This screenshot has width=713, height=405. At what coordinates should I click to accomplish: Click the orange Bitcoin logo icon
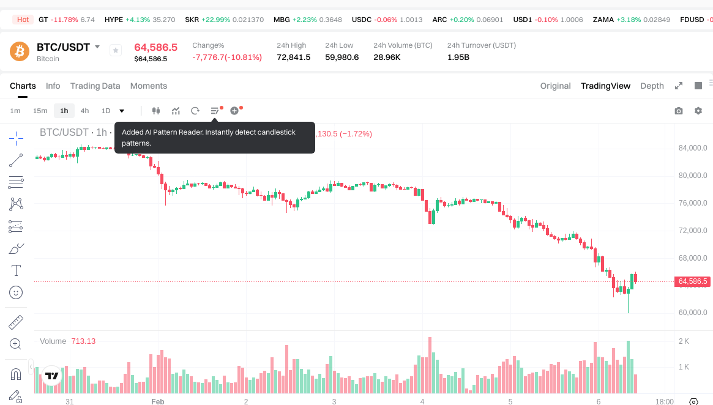tap(20, 51)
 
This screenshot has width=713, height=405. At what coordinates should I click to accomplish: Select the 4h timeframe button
tap(84, 111)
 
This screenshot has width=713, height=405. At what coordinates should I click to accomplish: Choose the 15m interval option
tap(40, 111)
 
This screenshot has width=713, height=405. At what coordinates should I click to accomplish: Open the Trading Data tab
tap(95, 86)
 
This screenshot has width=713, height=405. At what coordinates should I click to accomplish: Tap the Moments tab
tap(149, 86)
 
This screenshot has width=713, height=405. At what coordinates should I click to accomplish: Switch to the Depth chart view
tap(652, 86)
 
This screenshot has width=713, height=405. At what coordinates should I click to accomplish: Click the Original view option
tap(555, 86)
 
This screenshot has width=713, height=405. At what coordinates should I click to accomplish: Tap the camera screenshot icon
tap(678, 111)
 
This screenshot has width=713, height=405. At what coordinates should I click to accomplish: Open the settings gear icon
tap(698, 111)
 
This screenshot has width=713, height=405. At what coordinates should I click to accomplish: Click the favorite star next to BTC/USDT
tap(116, 51)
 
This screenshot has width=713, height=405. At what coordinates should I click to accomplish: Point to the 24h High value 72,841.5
tap(294, 58)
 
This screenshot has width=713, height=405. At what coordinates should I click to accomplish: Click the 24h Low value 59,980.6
tap(342, 58)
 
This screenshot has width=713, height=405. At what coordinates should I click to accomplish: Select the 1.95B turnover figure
tap(458, 58)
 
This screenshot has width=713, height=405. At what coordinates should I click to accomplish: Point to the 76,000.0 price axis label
tap(693, 203)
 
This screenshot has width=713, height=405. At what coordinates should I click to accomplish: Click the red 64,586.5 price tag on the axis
tap(693, 281)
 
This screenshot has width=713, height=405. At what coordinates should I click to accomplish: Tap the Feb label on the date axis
tap(157, 402)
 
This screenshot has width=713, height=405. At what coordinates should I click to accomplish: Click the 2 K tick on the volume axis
tap(684, 341)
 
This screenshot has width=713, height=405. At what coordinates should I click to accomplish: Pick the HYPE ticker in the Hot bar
tap(114, 20)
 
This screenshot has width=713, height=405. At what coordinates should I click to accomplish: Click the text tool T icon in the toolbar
tap(16, 270)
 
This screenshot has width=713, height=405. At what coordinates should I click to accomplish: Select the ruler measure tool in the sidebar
tap(16, 322)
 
